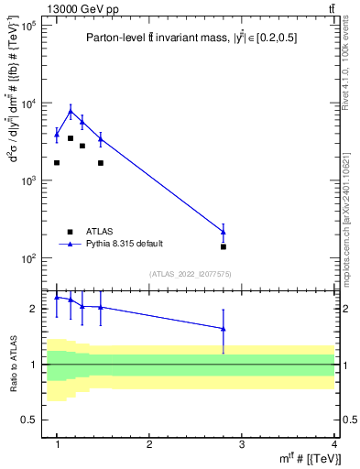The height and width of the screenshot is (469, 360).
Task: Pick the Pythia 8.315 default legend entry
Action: pos(124,244)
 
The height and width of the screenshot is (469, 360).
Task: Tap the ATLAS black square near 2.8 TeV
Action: pos(224,246)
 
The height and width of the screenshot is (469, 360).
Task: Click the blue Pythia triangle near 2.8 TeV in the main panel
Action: pos(224,231)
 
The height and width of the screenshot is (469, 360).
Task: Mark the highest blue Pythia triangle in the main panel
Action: pos(71,112)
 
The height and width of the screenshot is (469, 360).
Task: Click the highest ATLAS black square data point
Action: pos(71,138)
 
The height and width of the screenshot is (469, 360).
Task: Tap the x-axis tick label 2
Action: pos(149,444)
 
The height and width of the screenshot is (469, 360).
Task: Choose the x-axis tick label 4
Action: pos(334,444)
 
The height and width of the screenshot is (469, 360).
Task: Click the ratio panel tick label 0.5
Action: pos(29,420)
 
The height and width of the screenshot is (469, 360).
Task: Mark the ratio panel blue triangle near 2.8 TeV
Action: pos(224,329)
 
